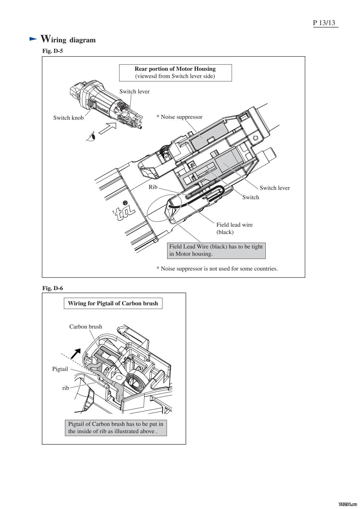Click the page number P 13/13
325,23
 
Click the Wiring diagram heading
68,39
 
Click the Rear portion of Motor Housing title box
175,73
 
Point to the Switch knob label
68,118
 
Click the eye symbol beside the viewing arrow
91,136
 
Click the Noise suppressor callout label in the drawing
179,117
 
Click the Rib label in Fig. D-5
153,187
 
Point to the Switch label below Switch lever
251,197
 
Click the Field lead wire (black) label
235,228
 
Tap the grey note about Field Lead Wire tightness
216,250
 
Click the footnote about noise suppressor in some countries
217,268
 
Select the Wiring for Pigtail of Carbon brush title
113,303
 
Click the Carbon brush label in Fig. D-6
86,327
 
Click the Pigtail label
60,369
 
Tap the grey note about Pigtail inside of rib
116,427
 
